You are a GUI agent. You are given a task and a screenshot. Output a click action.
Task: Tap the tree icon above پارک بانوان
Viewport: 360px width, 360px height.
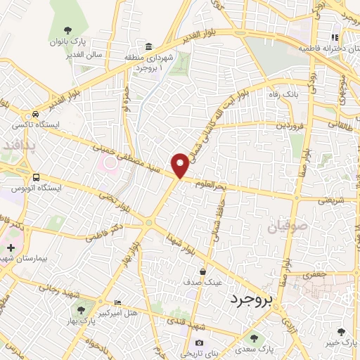(67, 30)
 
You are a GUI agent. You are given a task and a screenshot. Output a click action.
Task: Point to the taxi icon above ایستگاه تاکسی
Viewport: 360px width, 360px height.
(34, 115)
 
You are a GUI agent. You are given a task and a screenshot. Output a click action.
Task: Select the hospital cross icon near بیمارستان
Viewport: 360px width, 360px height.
(11, 247)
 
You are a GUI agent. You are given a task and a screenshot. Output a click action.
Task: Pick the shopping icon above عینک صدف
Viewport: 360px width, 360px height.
(203, 271)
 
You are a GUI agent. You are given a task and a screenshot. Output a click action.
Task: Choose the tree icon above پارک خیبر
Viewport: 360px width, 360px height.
(341, 332)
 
